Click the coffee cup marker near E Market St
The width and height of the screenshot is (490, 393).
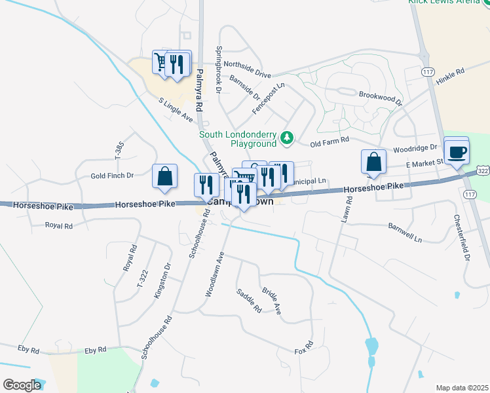[x=457, y=152]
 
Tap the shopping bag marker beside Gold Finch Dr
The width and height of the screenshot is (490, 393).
[x=164, y=176]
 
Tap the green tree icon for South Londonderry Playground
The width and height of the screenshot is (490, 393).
[x=286, y=138]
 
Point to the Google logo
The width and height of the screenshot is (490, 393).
[x=22, y=384]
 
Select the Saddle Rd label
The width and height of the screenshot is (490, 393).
[x=249, y=300]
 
